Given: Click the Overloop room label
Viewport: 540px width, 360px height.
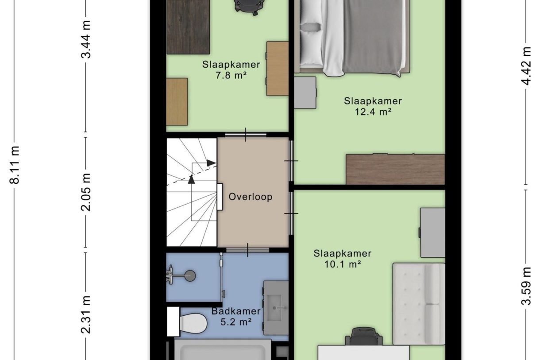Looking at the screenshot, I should click(250, 197).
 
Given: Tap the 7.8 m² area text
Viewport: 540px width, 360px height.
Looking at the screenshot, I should click(231, 75).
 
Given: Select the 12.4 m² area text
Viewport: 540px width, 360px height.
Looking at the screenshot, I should click(373, 112).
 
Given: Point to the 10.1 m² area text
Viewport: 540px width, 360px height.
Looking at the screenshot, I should click(342, 264).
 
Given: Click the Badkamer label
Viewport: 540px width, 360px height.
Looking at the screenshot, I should click(235, 311).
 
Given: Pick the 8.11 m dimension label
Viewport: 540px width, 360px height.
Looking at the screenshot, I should click(15, 164).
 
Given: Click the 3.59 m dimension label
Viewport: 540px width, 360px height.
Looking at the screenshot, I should click(526, 286).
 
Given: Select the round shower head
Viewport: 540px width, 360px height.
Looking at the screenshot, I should click(190, 276).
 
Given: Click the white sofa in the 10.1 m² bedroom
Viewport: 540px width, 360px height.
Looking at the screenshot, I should click(418, 304).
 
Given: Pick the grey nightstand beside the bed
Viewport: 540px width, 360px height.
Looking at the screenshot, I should click(305, 93).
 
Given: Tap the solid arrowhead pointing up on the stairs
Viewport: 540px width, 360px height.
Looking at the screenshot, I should click(191, 179).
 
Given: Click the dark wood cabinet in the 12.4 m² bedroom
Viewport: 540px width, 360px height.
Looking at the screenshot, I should click(395, 169).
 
